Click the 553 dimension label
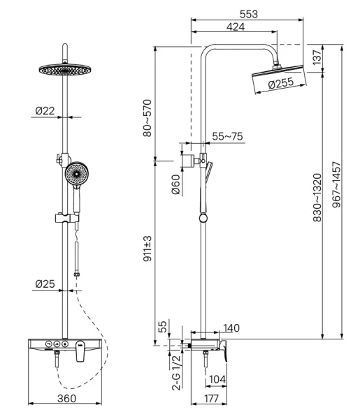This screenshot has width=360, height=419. (x=248, y=14)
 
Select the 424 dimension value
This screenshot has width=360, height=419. (x=236, y=27)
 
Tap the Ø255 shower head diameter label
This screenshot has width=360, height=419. (x=280, y=83)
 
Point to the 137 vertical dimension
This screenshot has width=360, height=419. (x=317, y=57)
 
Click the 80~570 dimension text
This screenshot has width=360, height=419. (x=147, y=118)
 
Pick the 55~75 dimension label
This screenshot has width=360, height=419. (x=227, y=136)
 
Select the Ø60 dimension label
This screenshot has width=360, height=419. (x=175, y=184)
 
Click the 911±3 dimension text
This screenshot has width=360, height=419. (x=147, y=249)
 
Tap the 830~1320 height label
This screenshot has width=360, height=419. (x=317, y=198)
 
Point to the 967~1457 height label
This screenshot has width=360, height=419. (x=336, y=184)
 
